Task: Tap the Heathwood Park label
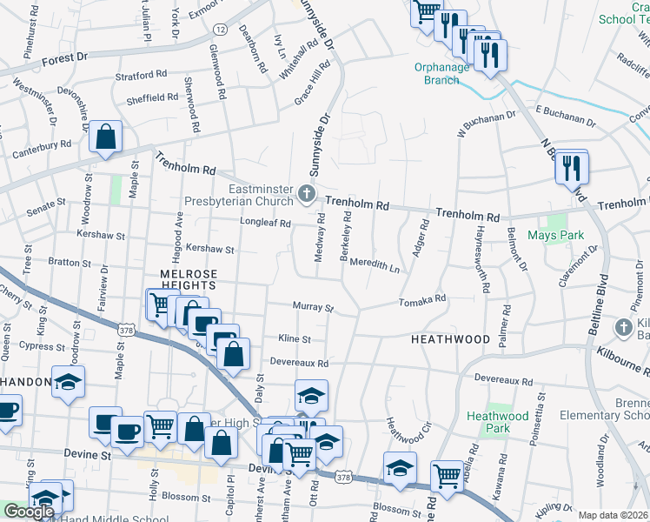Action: (x=498, y=422)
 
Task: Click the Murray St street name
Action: (x=313, y=307)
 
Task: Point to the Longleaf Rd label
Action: (x=264, y=222)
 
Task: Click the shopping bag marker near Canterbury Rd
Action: (x=105, y=137)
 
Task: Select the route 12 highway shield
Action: (x=220, y=29)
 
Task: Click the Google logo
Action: (x=29, y=512)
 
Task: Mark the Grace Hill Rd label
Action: (x=313, y=84)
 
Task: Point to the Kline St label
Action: (x=295, y=338)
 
